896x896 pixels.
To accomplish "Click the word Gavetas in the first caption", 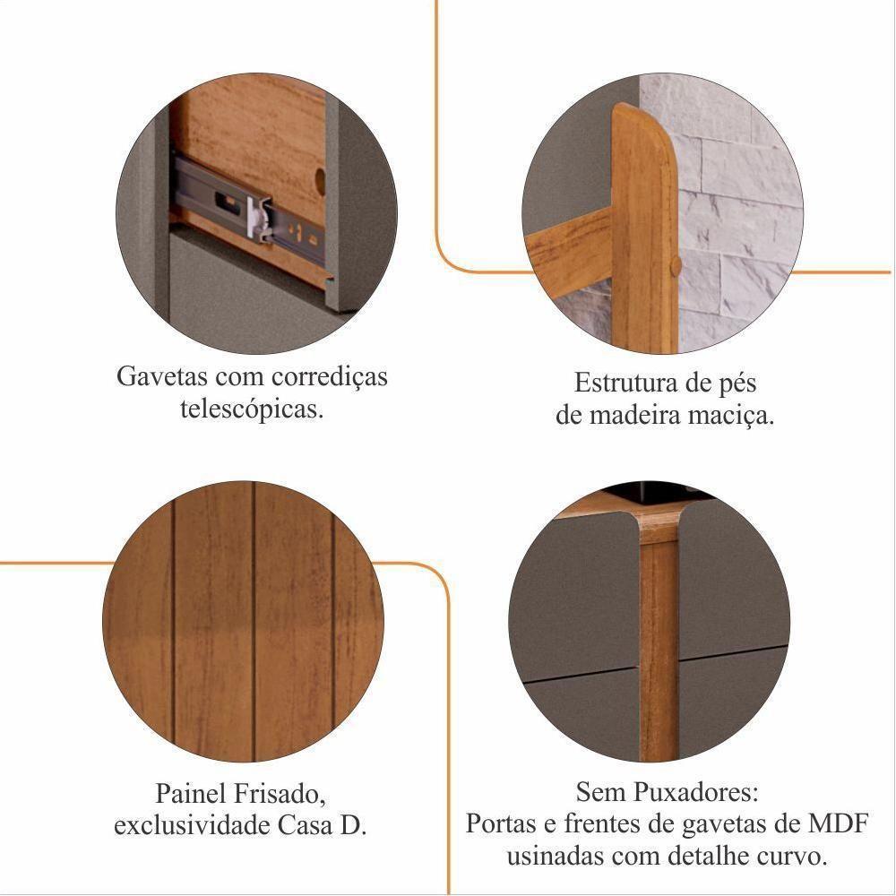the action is tap(162, 376).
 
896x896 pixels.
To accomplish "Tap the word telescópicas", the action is tap(252, 409).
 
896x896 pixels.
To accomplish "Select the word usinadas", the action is tap(556, 857).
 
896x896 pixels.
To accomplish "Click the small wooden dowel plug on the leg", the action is tap(676, 266).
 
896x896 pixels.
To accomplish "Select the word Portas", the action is tap(501, 824).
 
